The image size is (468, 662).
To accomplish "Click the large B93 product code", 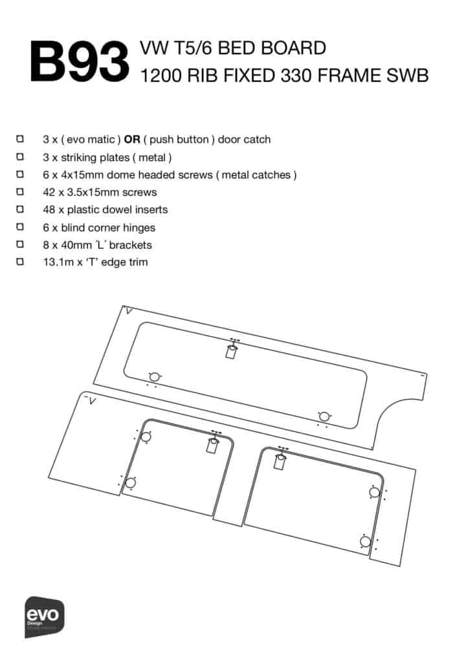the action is [80, 61].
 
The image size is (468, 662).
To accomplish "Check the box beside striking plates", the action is [20, 156].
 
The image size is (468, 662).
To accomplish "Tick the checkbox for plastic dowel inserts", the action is [20, 209].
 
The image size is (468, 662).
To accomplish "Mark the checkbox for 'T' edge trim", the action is [20, 262].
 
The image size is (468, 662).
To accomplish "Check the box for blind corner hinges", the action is [20, 227].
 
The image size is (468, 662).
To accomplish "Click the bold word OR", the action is [132, 140].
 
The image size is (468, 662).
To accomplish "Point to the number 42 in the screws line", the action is [49, 192].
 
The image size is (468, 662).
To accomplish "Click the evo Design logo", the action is [45, 617].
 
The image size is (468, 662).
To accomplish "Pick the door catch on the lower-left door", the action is [213, 442].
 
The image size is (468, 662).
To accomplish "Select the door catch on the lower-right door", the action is [280, 458].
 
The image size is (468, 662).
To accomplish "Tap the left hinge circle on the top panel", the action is [155, 377].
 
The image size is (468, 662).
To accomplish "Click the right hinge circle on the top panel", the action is [324, 417].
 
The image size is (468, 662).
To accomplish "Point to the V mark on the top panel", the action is [129, 312].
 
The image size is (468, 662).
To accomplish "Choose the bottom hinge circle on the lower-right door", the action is [366, 542].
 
